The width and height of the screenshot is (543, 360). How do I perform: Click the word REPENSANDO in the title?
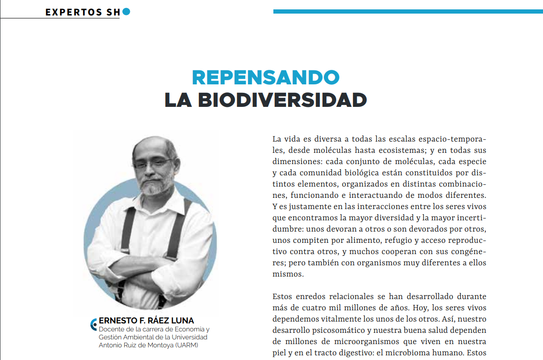click(265, 77)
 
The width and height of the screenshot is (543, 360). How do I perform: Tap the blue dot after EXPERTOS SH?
click(126, 12)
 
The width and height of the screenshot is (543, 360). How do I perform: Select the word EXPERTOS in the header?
click(70, 12)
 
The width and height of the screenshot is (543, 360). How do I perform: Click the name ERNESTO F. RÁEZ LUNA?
click(146, 321)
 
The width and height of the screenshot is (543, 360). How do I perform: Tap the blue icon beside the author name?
click(94, 323)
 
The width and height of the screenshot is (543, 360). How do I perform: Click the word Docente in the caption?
click(110, 329)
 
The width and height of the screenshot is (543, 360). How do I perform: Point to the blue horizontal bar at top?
click(408, 11)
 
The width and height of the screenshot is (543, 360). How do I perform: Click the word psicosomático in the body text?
click(331, 330)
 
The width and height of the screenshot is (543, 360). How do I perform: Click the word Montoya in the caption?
click(159, 345)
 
